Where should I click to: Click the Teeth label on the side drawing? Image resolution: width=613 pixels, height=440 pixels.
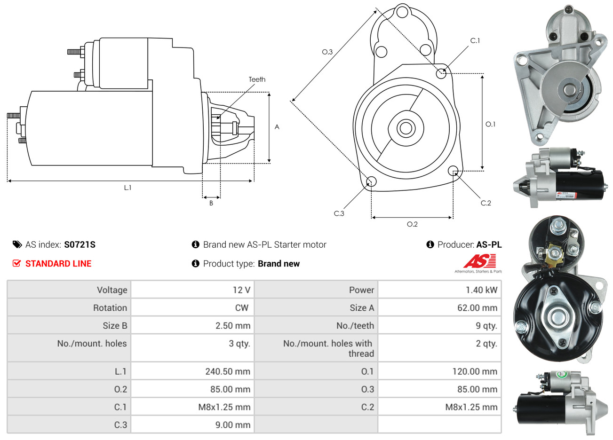click(x=257, y=79)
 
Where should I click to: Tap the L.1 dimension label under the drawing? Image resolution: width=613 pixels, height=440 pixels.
click(x=127, y=188)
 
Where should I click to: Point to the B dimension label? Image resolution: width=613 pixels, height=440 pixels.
click(x=211, y=203)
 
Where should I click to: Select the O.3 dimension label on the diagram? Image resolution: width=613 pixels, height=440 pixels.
click(x=327, y=52)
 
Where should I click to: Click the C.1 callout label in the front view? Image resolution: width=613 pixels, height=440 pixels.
click(x=475, y=41)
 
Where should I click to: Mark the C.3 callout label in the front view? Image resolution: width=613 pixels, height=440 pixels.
click(x=339, y=213)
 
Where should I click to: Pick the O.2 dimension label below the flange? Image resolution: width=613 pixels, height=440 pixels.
click(x=412, y=224)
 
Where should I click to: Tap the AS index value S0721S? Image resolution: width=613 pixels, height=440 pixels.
click(x=80, y=244)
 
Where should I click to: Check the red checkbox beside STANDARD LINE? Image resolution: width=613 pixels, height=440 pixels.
click(x=16, y=263)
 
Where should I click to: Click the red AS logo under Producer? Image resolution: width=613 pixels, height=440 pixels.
click(x=479, y=261)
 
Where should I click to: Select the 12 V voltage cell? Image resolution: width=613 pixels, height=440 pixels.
click(x=241, y=290)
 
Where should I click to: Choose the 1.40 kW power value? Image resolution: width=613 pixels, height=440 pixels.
click(x=481, y=290)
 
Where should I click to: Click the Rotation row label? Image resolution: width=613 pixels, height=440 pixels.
click(x=110, y=308)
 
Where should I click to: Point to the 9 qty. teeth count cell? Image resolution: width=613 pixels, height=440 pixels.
click(x=486, y=326)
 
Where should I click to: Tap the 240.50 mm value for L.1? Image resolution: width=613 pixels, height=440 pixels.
click(x=228, y=371)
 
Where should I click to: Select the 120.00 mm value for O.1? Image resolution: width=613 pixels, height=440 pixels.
click(x=475, y=371)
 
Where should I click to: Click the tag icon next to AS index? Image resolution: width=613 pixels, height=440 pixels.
click(x=17, y=244)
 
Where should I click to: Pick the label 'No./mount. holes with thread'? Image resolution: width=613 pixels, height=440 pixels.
click(x=328, y=348)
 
